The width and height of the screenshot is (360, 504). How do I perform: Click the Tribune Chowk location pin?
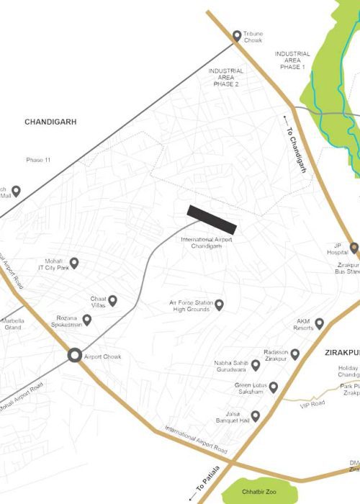236,35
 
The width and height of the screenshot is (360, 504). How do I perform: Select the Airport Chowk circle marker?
74,355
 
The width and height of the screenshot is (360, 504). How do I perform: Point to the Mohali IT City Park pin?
73,263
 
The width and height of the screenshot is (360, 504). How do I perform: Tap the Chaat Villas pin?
112,300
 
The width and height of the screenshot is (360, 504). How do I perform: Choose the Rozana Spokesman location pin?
87,320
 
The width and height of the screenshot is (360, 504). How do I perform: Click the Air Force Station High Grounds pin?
220,305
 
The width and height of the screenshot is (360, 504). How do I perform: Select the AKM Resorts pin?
319,323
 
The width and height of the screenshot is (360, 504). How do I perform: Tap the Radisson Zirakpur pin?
294,353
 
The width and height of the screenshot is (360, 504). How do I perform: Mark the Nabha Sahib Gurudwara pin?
255,365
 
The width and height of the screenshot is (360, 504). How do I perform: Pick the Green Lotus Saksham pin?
273,387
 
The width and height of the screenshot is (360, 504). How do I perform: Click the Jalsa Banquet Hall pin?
255,415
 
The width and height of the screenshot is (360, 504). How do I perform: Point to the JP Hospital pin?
354,248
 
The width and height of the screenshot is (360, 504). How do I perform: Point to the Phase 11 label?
38,159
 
